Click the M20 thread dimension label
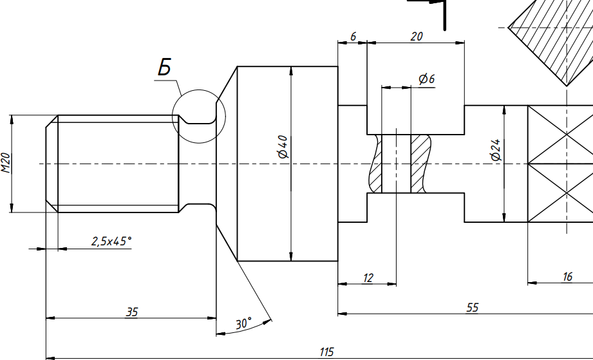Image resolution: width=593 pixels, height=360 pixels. tap(6, 164)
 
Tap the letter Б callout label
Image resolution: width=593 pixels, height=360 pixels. tap(165, 67)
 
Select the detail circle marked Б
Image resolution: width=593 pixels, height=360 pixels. tap(200, 117)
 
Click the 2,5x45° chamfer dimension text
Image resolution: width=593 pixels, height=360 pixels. tap(111, 242)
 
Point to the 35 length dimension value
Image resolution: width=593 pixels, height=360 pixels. tap(131, 312)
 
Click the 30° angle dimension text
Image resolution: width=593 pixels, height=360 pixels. tap(243, 324)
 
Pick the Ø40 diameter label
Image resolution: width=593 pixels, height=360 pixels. tap(282, 146)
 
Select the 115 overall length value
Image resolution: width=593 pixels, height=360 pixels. tap(326, 352)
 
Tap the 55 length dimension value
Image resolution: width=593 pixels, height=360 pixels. tap(472, 308)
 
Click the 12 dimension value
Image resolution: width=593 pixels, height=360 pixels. tap(368, 278)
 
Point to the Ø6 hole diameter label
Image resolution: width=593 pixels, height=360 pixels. tap(426, 79)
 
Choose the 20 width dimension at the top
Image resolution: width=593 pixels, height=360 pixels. tap(416, 37)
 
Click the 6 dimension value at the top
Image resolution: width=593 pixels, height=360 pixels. tap(353, 37)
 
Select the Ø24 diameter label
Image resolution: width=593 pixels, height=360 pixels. tap(495, 149)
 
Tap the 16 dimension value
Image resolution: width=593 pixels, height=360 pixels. tap(567, 277)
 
